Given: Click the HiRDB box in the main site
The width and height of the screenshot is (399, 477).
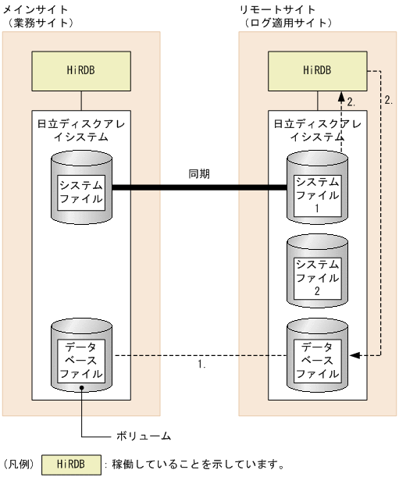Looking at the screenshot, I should pyautogui.click(x=81, y=69).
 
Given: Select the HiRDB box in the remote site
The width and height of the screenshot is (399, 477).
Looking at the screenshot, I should pyautogui.click(x=317, y=69).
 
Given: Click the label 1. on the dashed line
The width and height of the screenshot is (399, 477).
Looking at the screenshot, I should pyautogui.click(x=201, y=364).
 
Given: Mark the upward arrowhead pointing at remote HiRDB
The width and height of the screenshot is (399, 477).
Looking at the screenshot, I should pyautogui.click(x=341, y=96).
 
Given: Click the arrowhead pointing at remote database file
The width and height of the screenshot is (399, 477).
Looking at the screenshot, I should pyautogui.click(x=352, y=355).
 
